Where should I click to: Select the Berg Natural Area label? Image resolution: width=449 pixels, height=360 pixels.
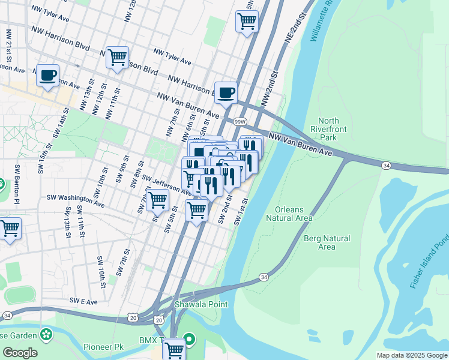coord(327,242)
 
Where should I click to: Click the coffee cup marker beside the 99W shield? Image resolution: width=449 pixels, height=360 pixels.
coord(226,93)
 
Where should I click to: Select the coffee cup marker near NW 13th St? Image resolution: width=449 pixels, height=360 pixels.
coord(47,76)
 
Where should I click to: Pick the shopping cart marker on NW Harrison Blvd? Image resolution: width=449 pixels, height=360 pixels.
coord(117,58)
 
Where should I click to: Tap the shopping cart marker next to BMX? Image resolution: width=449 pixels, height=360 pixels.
coord(173,349)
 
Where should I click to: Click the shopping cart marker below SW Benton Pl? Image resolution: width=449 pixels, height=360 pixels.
coord(10,229)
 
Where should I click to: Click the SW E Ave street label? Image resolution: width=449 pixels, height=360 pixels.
coord(83,301)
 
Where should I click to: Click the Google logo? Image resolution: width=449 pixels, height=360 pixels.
coord(20,353)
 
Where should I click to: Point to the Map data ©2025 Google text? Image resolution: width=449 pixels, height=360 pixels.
coord(411,355)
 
